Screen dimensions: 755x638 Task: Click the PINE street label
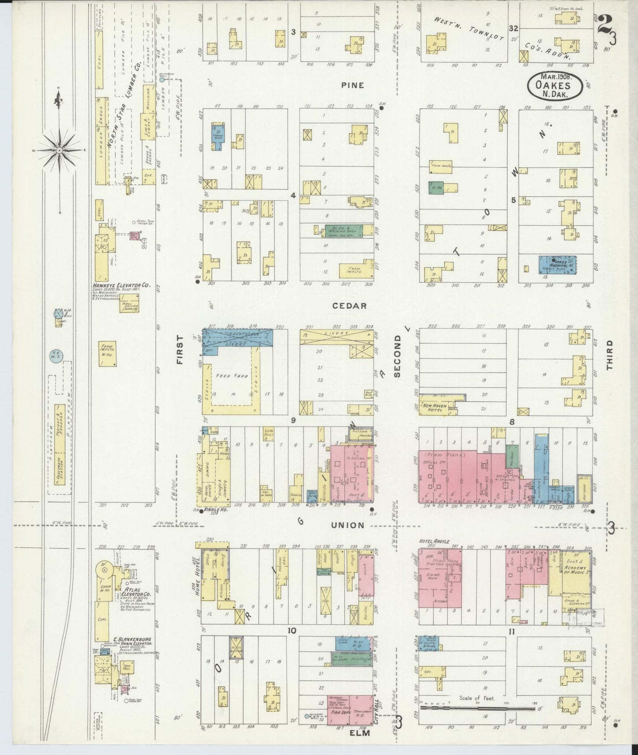coord(352,85)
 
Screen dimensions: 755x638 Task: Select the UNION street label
coord(348,525)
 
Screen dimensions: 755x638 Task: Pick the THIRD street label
coord(610,355)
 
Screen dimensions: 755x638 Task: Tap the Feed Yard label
coord(230,376)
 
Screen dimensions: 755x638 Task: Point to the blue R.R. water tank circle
coord(58,356)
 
